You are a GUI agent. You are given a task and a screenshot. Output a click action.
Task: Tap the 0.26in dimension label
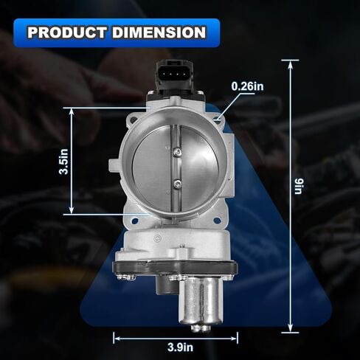pyautogui.click(x=248, y=86)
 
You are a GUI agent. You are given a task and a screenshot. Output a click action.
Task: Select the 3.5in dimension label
pyautogui.click(x=64, y=162)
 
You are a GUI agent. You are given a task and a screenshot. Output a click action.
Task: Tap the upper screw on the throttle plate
pyautogui.click(x=178, y=152)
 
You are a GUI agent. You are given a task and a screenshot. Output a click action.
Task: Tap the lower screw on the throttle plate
pyautogui.click(x=177, y=184)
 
